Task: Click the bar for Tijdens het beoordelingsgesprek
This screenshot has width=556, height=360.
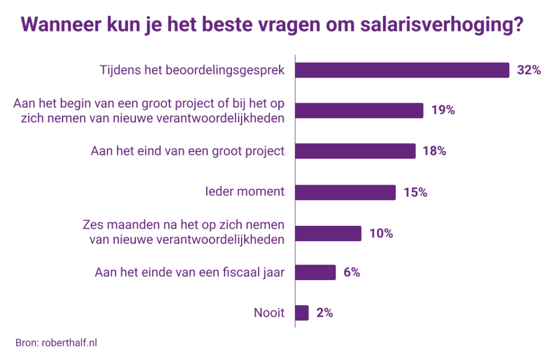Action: point(402,71)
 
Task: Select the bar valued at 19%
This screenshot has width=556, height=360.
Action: point(359,111)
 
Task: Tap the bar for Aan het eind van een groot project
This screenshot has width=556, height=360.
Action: point(355,151)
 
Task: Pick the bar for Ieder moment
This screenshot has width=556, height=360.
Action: point(345,192)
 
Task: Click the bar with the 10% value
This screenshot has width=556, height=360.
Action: point(328,233)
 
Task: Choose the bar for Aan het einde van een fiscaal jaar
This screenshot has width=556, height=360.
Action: point(315,273)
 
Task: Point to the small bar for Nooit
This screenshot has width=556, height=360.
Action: point(302,313)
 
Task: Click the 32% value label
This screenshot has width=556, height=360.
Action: point(529,71)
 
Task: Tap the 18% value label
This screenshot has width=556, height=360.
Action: point(434,151)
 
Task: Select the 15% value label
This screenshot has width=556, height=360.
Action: point(415,192)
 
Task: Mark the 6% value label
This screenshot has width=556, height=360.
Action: point(352,273)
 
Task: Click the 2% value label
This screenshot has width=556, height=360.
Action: point(324,313)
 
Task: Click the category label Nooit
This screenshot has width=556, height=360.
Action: point(269,313)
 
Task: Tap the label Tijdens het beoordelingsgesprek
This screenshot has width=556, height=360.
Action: point(192,71)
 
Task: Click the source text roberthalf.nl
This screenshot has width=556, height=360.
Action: point(69,343)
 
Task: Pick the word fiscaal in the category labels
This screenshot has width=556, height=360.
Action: point(224,273)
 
